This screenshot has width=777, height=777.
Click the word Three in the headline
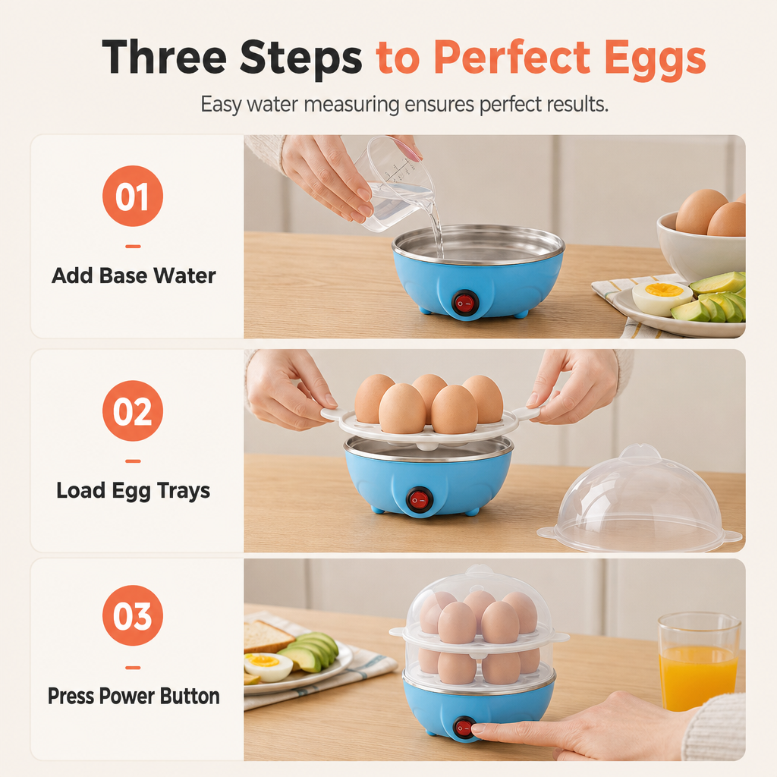pos(165,57)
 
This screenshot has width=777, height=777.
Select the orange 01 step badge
pos(133,197)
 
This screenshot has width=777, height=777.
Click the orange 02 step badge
pos(133,411)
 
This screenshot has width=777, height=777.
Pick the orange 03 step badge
pos(133,615)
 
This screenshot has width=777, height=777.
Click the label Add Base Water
pos(134,275)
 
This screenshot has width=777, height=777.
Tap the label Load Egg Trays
pos(134,491)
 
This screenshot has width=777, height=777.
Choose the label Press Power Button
pos(134,697)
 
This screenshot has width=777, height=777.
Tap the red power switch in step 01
pos(465,302)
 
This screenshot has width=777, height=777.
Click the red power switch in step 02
pos(420,500)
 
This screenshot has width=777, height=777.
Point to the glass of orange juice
pos(699,662)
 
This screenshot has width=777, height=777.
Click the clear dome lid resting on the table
pos(639,501)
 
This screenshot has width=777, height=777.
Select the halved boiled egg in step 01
pos(662,297)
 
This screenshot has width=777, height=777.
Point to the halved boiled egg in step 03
pos(268,667)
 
